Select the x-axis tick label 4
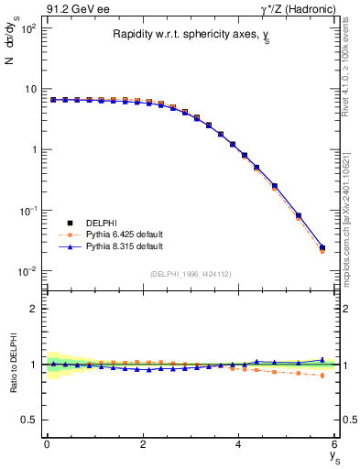pos(239,443)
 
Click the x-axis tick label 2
pos(143,443)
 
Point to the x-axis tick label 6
pos(335,443)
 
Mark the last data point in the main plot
pos(322,247)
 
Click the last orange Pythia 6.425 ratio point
pos(322,376)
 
